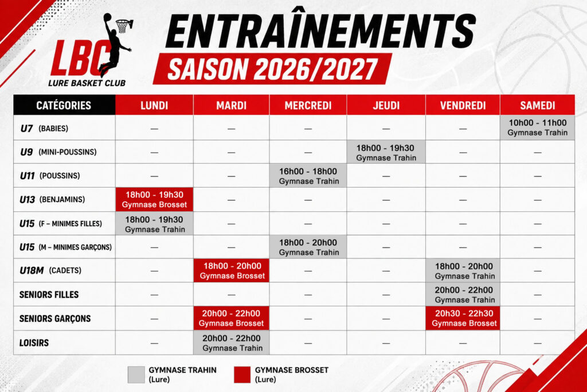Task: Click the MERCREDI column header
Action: click(x=308, y=105)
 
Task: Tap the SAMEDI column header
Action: click(x=537, y=105)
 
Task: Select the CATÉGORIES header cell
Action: click(x=64, y=105)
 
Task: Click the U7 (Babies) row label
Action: click(x=44, y=128)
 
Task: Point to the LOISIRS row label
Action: click(x=34, y=343)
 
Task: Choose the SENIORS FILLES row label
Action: click(x=49, y=294)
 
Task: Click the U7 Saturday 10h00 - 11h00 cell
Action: click(x=537, y=127)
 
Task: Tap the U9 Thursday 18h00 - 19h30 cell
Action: click(x=386, y=152)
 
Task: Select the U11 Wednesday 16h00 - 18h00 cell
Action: click(x=308, y=176)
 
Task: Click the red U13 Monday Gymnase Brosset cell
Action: click(x=154, y=199)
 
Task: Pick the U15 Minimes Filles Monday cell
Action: click(x=154, y=223)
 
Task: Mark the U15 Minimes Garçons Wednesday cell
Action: click(x=308, y=247)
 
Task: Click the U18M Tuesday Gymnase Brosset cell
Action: click(x=232, y=270)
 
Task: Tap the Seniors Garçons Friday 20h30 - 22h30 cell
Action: click(x=463, y=318)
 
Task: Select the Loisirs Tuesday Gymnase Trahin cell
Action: click(x=232, y=343)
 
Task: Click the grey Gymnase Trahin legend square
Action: click(x=136, y=375)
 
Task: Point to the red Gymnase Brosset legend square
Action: click(x=242, y=375)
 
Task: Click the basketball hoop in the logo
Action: click(x=124, y=25)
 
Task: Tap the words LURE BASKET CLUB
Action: click(x=87, y=83)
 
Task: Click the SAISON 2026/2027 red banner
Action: click(x=272, y=68)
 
